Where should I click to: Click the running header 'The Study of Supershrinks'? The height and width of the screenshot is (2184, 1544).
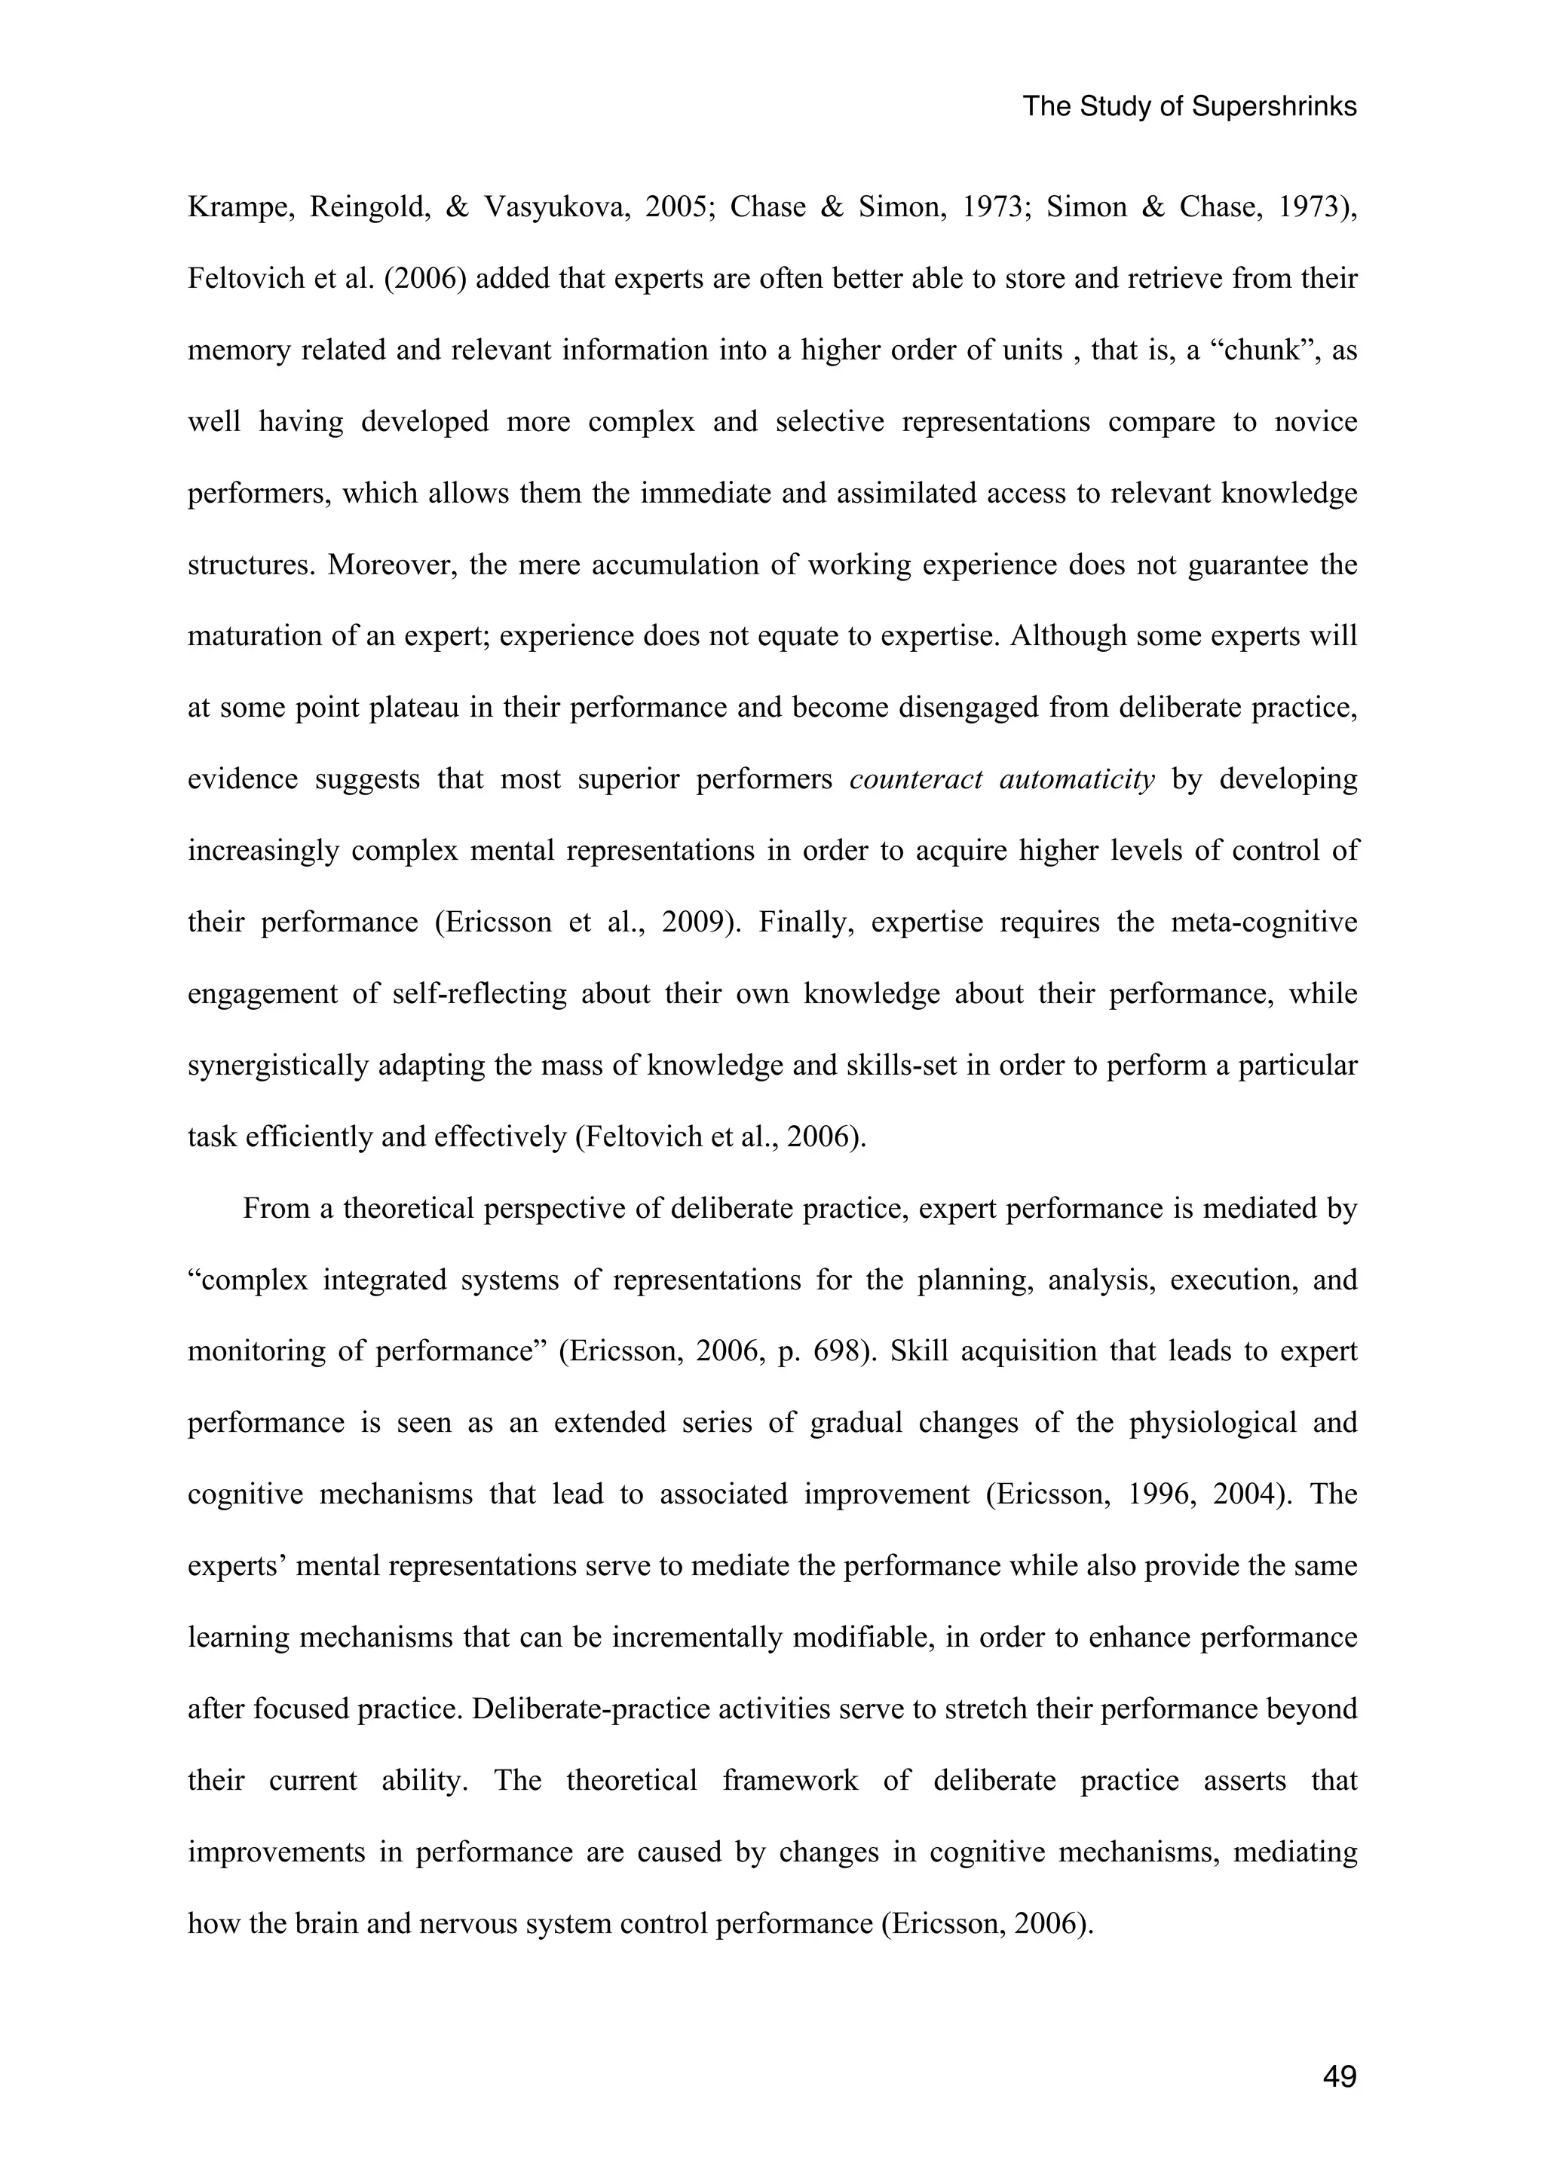click(x=1188, y=106)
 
